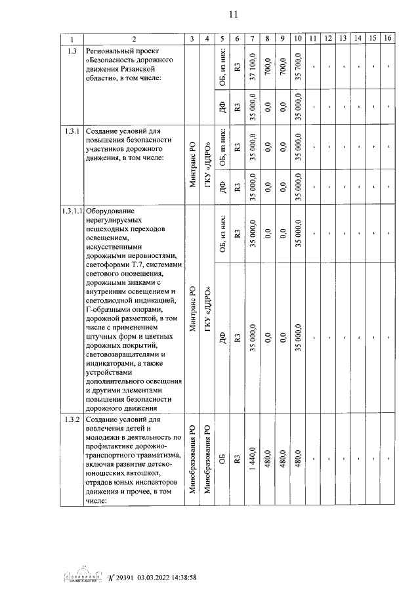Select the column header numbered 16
tap(388, 39)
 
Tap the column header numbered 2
tap(133, 39)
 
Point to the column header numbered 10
tap(298, 39)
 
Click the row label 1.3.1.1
tap(72, 211)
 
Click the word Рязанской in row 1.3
tap(148, 69)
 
